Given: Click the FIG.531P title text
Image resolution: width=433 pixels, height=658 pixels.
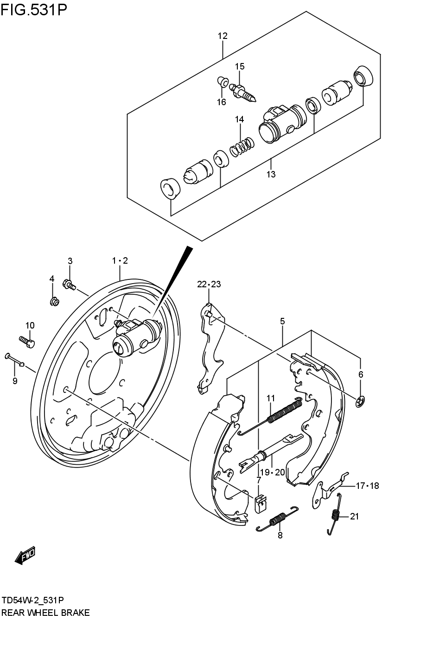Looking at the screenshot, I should point(33,9).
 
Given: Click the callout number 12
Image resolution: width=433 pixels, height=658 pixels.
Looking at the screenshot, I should point(223,36).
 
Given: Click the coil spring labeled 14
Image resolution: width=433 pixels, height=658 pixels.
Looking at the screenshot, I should point(242,147).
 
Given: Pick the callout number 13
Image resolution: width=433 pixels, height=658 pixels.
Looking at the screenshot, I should point(271,174).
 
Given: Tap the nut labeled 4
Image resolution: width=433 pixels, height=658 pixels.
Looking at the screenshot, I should point(54,302).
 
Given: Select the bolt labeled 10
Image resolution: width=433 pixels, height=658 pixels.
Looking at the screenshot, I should point(27,342).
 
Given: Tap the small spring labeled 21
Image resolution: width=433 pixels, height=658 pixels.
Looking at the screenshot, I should point(335,514).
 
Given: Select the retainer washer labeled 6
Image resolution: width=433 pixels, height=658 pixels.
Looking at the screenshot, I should point(360,401).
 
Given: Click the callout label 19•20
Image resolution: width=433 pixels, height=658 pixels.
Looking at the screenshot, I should point(272,473).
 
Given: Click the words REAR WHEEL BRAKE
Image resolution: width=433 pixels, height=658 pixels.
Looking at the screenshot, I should point(45,613).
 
